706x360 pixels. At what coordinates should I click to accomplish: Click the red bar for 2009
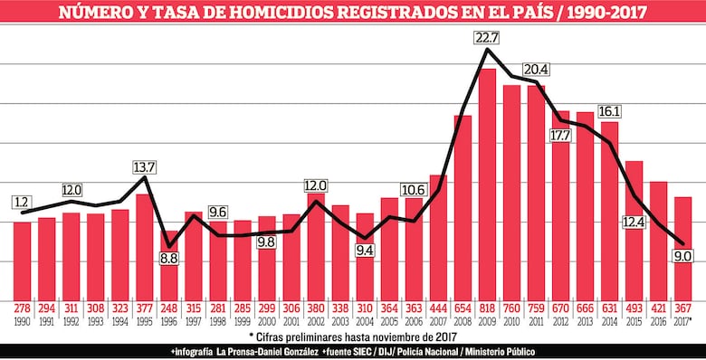point(487,181)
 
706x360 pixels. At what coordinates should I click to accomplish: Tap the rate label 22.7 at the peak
point(487,37)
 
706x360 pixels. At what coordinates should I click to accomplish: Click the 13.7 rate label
point(145,167)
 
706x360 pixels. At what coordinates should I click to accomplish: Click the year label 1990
point(22,321)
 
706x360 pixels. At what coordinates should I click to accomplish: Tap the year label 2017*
point(682,321)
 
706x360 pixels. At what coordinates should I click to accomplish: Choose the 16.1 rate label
point(609,111)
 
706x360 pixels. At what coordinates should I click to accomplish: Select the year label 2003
point(340,321)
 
